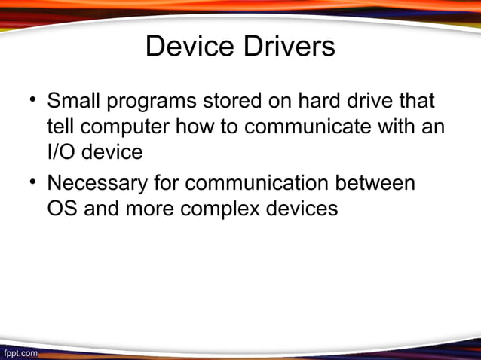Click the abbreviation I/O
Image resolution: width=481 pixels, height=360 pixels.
62,151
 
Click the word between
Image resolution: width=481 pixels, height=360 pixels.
380,183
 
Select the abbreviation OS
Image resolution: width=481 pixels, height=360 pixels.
63,208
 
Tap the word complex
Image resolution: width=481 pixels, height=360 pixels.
219,208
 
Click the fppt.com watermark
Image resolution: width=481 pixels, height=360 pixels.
20,352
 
